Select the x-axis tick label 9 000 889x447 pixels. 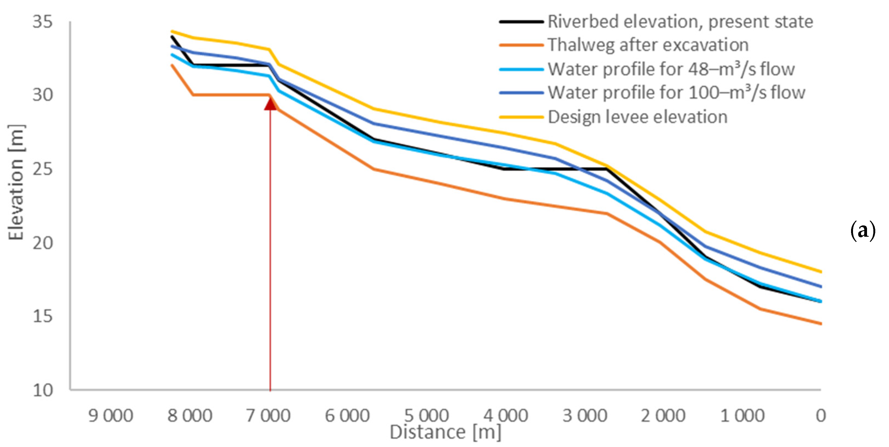point(111,416)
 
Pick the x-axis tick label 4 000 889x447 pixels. point(506,416)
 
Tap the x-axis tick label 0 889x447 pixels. point(821,416)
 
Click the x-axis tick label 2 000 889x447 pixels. point(663,416)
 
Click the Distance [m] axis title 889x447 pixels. point(445,432)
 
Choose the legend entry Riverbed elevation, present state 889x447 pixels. point(680,22)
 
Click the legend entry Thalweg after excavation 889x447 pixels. point(648,45)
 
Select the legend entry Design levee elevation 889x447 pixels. point(637,117)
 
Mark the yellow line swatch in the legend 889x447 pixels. point(521,117)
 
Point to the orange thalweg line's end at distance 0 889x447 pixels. point(820,324)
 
